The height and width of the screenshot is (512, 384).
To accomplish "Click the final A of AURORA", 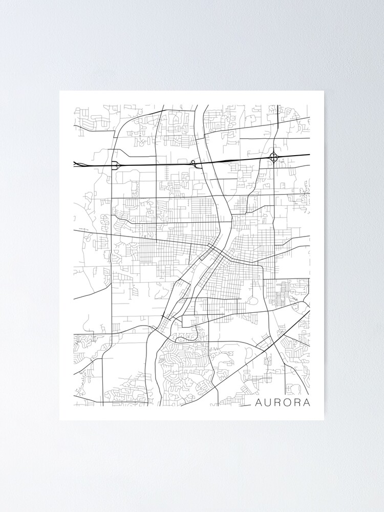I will click(x=307, y=402).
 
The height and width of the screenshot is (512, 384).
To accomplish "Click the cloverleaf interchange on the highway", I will click(x=274, y=157).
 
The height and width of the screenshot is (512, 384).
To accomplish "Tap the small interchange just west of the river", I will click(x=194, y=163).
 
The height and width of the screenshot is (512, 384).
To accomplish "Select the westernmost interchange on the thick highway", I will click(x=115, y=165).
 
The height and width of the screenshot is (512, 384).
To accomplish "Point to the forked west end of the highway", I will click(x=78, y=164).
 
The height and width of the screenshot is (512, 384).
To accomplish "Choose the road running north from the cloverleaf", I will click(x=277, y=128).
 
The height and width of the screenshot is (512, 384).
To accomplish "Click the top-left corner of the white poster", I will click(x=60, y=91).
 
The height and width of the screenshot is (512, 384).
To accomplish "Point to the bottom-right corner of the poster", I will click(x=324, y=420).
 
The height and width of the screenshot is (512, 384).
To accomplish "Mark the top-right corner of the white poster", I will click(x=324, y=91).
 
